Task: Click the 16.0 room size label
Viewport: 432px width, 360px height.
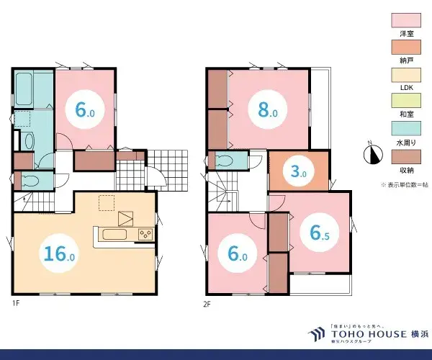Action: pyautogui.click(x=60, y=253)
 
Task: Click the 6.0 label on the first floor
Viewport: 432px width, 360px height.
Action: pyautogui.click(x=84, y=109)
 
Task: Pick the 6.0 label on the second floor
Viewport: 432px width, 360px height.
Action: pyautogui.click(x=238, y=253)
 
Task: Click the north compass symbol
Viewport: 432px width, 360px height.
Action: pyautogui.click(x=372, y=153)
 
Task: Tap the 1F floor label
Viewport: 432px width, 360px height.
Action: pyautogui.click(x=15, y=303)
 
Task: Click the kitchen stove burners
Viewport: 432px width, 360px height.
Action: pyautogui.click(x=146, y=233)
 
